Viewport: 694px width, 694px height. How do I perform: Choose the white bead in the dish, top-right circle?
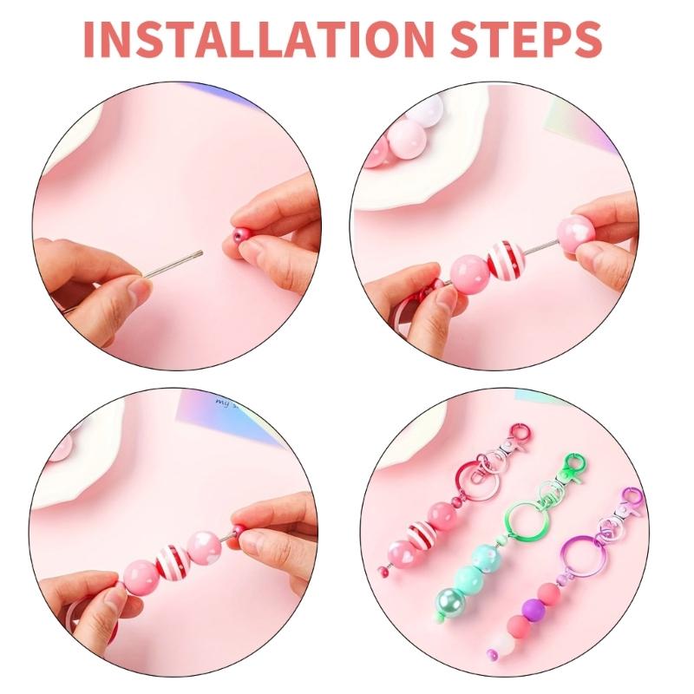tap(404, 112)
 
